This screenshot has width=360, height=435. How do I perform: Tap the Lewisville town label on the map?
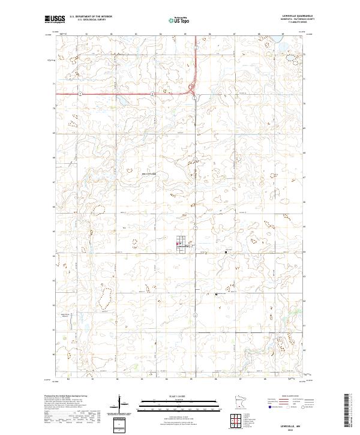click(182, 246)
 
